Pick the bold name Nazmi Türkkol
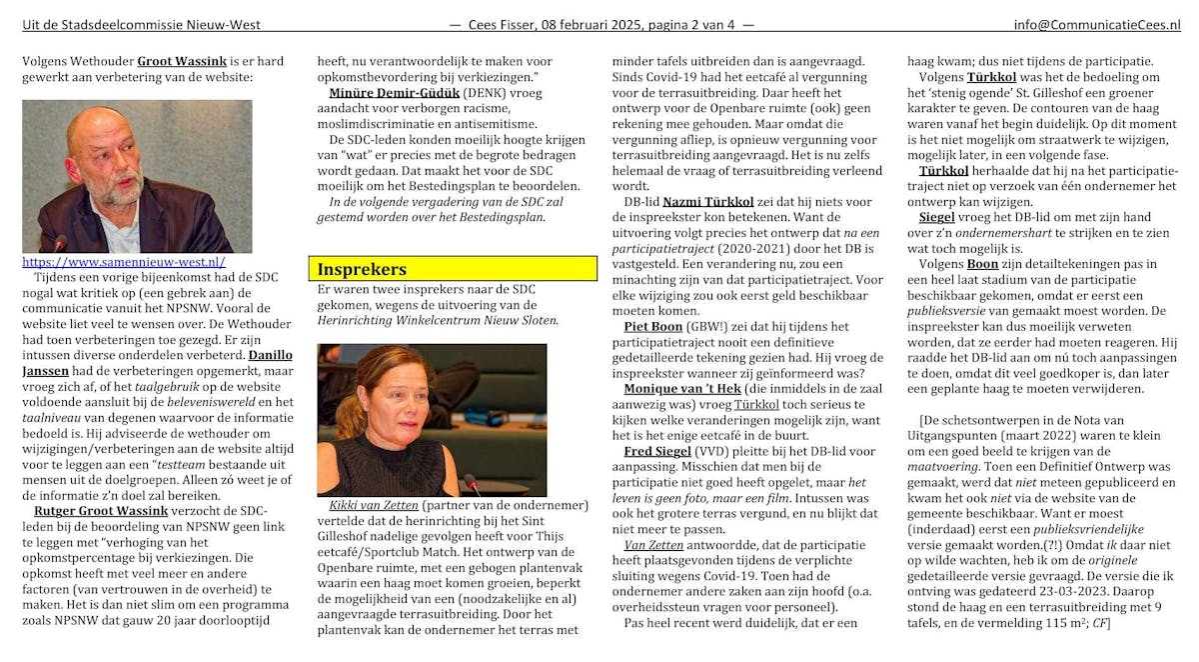pos(709,201)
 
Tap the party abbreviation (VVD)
pos(727,451)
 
